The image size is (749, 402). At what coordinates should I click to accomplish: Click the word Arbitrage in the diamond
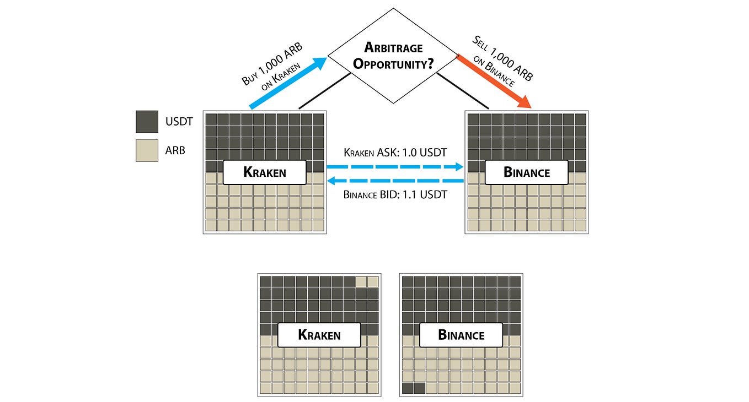(x=393, y=47)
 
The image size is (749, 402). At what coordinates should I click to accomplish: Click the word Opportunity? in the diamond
(x=393, y=63)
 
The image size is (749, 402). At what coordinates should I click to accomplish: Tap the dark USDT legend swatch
(x=147, y=122)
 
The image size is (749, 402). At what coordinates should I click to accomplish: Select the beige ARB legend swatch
(x=147, y=150)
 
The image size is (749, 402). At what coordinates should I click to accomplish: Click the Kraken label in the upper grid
(x=265, y=172)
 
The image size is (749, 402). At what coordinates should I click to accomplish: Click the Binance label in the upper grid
(x=527, y=172)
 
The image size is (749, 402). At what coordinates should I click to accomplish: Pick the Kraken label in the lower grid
(x=319, y=335)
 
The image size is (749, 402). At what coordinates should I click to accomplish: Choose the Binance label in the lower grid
(x=461, y=335)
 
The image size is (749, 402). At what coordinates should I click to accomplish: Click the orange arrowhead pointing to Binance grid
(x=525, y=102)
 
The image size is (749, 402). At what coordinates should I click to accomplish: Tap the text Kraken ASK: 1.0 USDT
(x=395, y=153)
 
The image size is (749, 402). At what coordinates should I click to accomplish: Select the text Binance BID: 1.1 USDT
(x=395, y=194)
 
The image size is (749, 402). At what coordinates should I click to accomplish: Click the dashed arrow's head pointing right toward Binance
(x=459, y=167)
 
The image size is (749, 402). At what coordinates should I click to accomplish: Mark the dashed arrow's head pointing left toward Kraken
(x=331, y=181)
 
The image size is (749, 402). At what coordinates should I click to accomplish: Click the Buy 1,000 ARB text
(x=272, y=63)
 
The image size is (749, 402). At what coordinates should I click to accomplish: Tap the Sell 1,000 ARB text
(x=502, y=58)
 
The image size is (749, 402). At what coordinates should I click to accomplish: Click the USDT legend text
(x=179, y=122)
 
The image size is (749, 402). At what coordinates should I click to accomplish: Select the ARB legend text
(x=175, y=150)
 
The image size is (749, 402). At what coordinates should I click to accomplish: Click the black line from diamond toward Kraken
(x=325, y=91)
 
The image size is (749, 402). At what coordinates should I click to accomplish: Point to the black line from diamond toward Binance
(x=463, y=91)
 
